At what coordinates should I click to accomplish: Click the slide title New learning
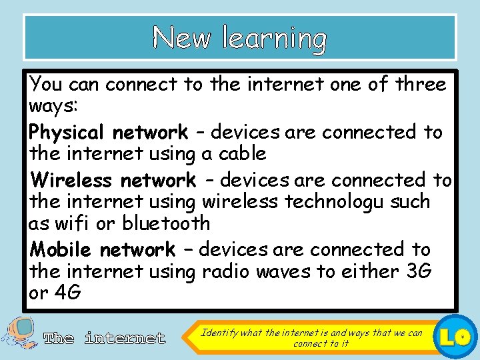(x=239, y=38)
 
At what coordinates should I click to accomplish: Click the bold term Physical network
(x=109, y=133)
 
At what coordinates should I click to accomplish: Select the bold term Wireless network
(x=113, y=181)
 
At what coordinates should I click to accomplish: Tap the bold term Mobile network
(x=103, y=250)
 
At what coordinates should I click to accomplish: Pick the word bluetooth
(x=167, y=223)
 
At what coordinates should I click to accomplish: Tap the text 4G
(x=67, y=293)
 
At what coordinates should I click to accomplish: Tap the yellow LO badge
(x=459, y=335)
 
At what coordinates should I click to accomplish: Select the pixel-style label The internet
(x=104, y=339)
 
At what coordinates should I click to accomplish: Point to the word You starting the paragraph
(x=45, y=85)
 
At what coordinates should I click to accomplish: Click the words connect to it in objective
(x=321, y=343)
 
